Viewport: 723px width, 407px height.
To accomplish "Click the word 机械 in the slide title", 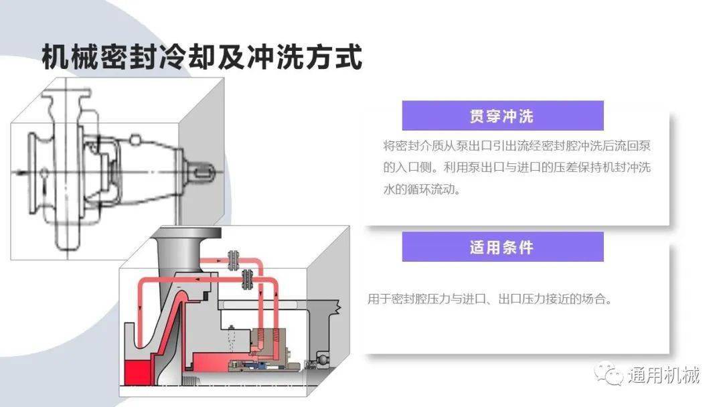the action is [70, 58].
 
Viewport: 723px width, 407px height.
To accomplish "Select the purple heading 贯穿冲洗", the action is [501, 116].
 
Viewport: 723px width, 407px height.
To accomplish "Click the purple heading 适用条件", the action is [501, 248].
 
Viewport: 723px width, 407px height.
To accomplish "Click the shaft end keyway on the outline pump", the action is [204, 172].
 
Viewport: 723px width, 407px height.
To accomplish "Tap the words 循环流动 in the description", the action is [432, 189].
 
